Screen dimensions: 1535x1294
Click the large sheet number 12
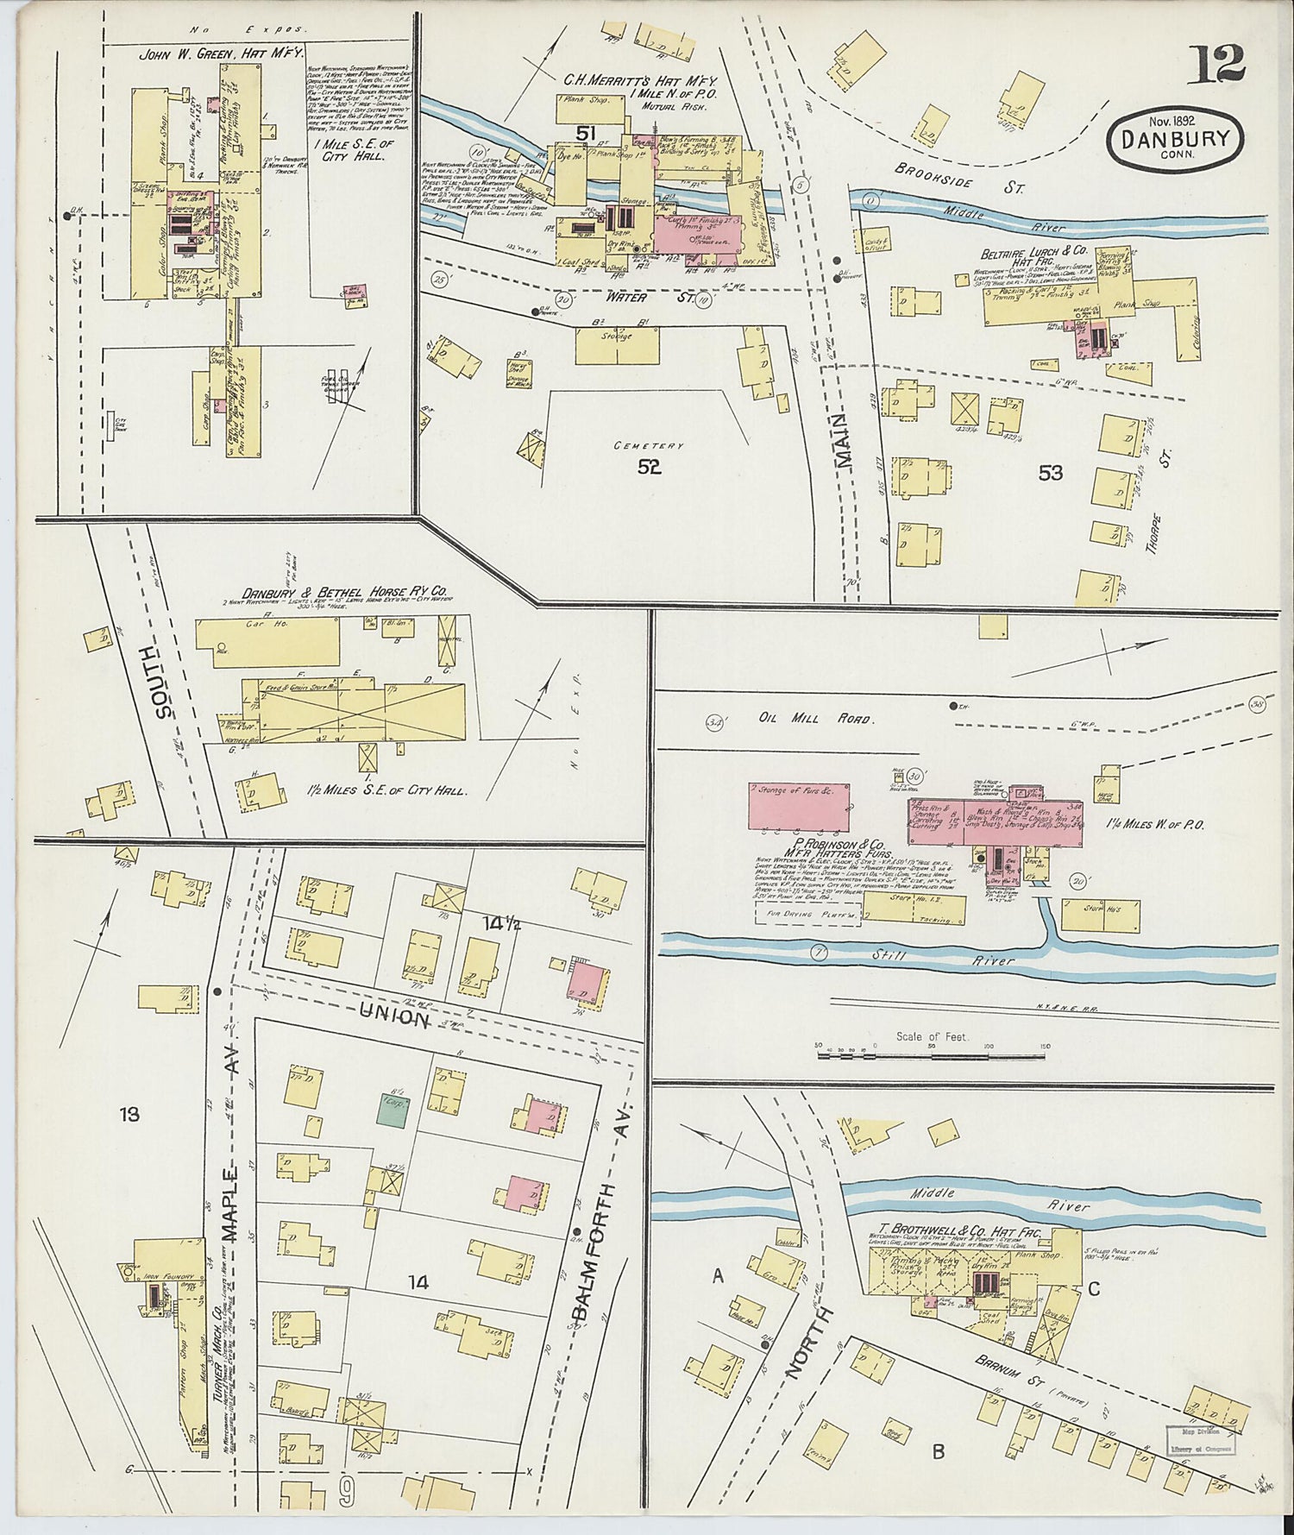click(1220, 65)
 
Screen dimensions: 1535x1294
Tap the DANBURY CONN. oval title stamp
click(1176, 141)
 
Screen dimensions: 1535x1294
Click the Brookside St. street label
click(958, 177)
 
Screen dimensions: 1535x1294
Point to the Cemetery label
click(649, 446)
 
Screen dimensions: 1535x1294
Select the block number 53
click(1051, 472)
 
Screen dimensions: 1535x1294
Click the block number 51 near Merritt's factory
click(587, 132)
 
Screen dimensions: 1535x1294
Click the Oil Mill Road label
click(816, 719)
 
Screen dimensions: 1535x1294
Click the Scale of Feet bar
click(932, 1054)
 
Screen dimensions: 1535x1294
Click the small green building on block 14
click(392, 1109)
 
